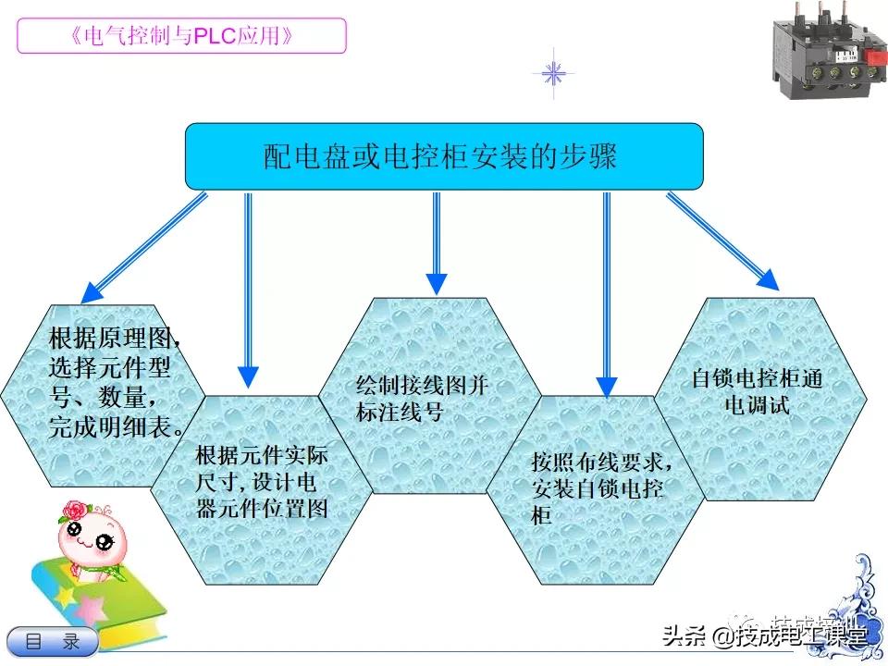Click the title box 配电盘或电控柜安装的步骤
tap(444, 156)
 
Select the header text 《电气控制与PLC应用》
tap(181, 36)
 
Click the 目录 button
tap(53, 641)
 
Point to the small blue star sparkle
tap(553, 73)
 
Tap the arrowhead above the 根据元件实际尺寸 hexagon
tap(248, 376)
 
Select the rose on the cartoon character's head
tap(73, 510)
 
